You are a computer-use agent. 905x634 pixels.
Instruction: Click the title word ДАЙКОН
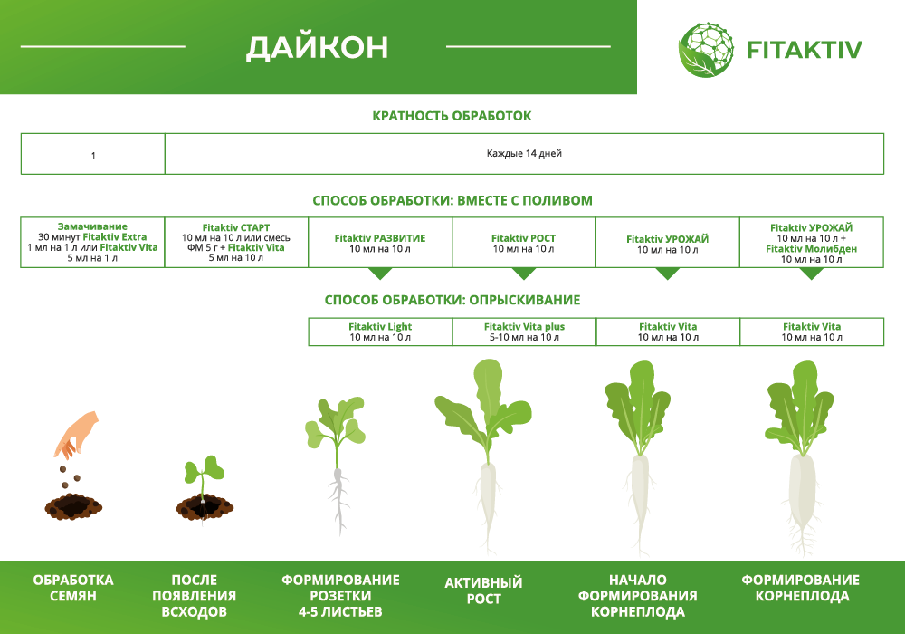318,47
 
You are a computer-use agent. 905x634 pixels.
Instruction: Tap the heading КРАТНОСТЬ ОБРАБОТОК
452,116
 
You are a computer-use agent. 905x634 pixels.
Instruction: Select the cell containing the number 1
92,155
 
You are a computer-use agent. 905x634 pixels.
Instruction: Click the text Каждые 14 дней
524,154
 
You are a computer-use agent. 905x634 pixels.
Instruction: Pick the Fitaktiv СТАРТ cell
236,242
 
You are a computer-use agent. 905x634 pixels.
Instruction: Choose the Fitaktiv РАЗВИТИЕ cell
380,243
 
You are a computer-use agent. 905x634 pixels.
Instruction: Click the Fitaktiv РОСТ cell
524,243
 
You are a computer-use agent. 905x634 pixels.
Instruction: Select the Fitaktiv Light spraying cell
380,331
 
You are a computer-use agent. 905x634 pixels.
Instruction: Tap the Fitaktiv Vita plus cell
524,331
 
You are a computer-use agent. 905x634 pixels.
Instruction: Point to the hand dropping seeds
76,435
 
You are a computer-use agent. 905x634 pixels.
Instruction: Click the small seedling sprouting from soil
204,485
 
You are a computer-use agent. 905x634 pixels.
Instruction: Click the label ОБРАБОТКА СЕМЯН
73,588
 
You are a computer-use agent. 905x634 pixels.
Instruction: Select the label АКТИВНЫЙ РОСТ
483,591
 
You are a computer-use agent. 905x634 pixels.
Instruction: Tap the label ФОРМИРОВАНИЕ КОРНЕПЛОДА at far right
800,588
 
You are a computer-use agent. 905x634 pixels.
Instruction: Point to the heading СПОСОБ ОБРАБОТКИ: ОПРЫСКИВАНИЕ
452,300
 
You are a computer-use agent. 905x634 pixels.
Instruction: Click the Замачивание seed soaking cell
92,242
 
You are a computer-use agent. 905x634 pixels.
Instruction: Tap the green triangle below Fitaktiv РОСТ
524,274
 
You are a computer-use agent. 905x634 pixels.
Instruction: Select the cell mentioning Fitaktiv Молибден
812,242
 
